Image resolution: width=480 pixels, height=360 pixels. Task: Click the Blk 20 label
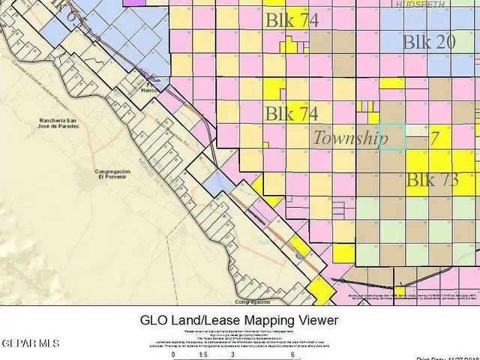[x=428, y=42]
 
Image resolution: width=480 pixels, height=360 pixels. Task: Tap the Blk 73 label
[x=432, y=180]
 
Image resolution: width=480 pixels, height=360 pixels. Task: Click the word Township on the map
[x=349, y=139]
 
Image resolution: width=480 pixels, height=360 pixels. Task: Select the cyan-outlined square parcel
[x=392, y=136]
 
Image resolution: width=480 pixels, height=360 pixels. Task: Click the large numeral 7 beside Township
[x=434, y=139]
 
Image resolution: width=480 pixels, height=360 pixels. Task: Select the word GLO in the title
[x=157, y=320]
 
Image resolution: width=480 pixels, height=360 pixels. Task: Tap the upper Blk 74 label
[x=292, y=21]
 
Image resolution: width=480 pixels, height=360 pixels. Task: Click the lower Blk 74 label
[x=292, y=114]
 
